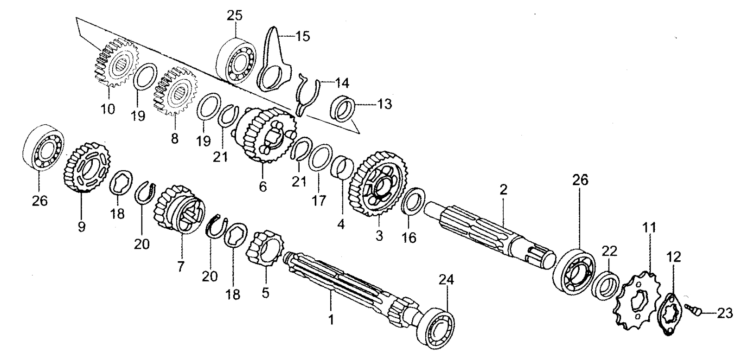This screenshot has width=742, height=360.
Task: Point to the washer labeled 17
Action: (x=320, y=158)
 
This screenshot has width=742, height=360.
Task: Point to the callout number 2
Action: (x=503, y=189)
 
